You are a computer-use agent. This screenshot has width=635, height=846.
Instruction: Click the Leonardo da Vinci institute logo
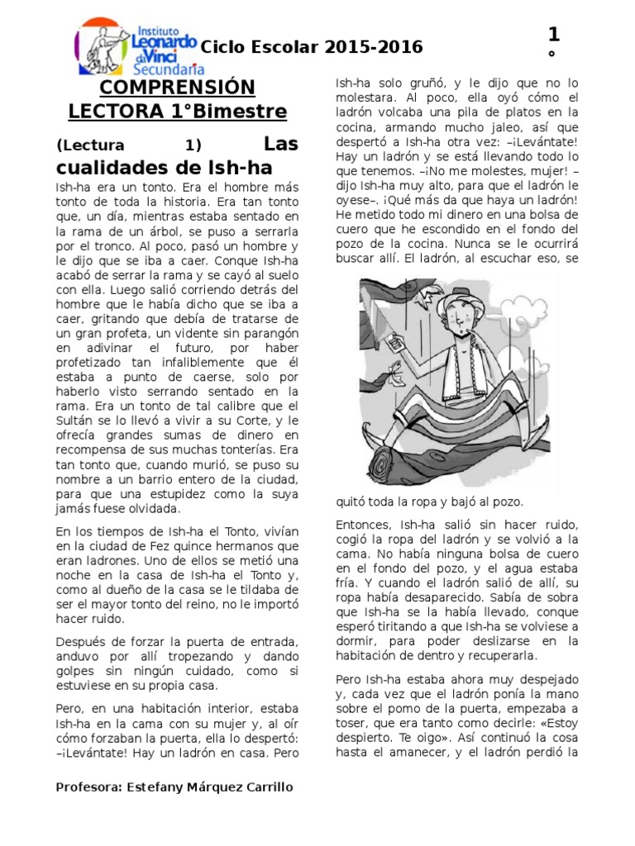click(136, 46)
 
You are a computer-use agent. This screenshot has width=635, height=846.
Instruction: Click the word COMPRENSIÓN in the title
click(178, 88)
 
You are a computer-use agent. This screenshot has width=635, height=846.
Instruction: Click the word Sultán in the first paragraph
click(77, 421)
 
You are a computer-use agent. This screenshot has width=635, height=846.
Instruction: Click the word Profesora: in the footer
click(88, 787)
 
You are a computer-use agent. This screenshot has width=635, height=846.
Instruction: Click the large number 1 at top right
click(553, 35)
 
